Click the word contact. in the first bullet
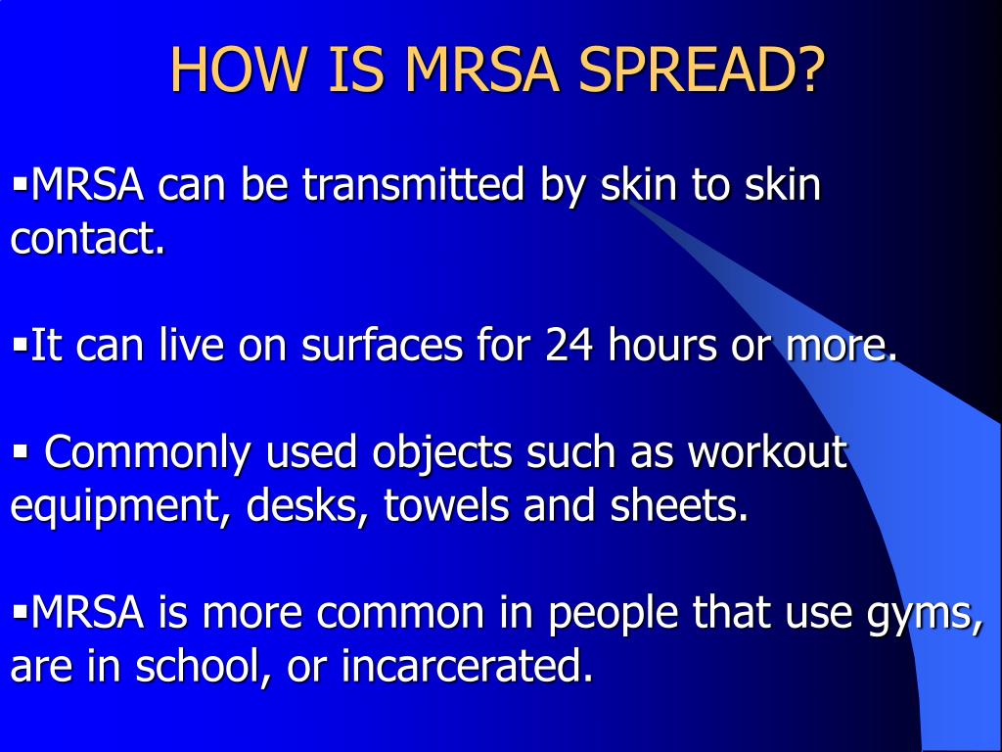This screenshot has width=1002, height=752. pyautogui.click(x=87, y=239)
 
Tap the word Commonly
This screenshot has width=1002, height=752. pyautogui.click(x=149, y=453)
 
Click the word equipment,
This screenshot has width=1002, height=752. pyautogui.click(x=121, y=507)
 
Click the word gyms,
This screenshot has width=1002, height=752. pyautogui.click(x=925, y=615)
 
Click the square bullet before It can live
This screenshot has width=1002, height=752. pyautogui.click(x=20, y=344)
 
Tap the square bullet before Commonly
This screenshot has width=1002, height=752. pyautogui.click(x=20, y=451)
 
